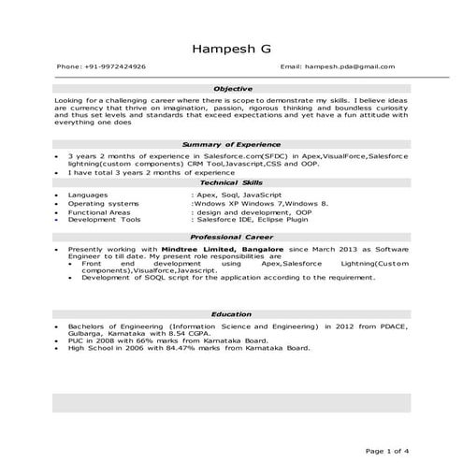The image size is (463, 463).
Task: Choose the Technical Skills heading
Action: (232, 184)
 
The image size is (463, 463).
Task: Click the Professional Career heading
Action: (232, 238)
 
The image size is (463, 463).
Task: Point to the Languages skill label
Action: (88, 195)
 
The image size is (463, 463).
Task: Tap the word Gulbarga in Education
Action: (86, 333)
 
